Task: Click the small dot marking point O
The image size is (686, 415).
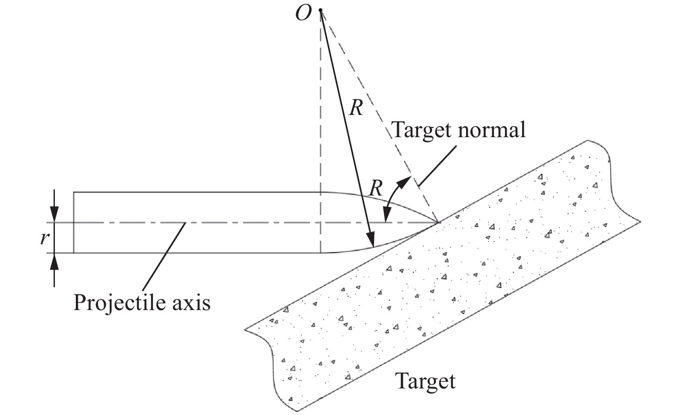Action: (321, 10)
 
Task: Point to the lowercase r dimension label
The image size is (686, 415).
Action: (43, 238)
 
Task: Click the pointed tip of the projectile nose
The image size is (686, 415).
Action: (438, 223)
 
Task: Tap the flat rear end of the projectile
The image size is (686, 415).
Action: (74, 223)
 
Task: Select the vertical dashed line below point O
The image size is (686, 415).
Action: (321, 109)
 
